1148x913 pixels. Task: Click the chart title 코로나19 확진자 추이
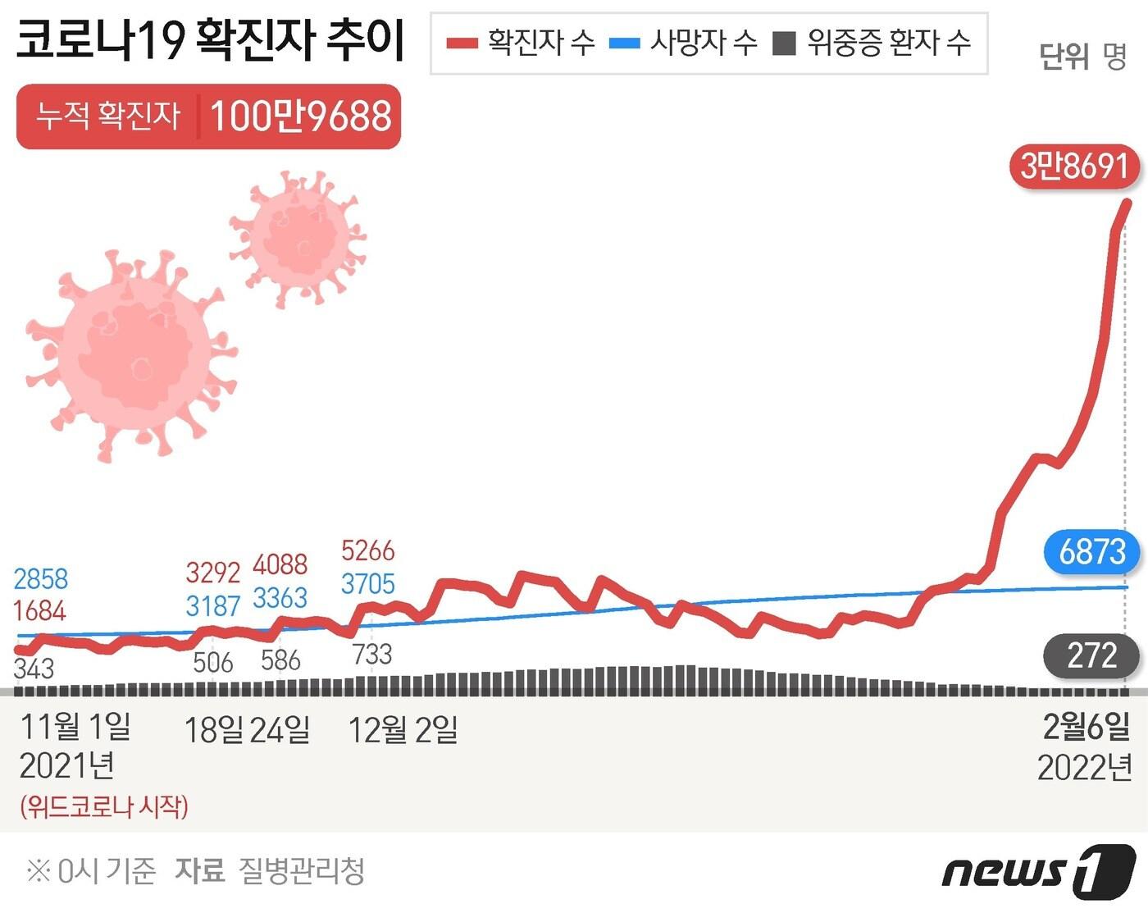211,41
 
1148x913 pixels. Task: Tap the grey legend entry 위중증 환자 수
872,43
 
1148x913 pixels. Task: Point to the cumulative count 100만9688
301,116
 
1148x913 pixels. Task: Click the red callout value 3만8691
1075,167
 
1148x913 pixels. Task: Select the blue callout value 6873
1092,552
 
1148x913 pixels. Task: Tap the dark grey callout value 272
1091,656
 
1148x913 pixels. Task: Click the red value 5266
368,550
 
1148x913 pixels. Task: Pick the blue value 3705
368,584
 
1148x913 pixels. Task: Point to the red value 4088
280,565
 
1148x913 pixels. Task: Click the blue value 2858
41,579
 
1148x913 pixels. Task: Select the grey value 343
34,669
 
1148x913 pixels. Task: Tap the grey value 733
372,655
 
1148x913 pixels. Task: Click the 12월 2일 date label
403,729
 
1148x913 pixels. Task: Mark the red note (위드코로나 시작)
104,806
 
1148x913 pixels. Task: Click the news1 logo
1038,870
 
